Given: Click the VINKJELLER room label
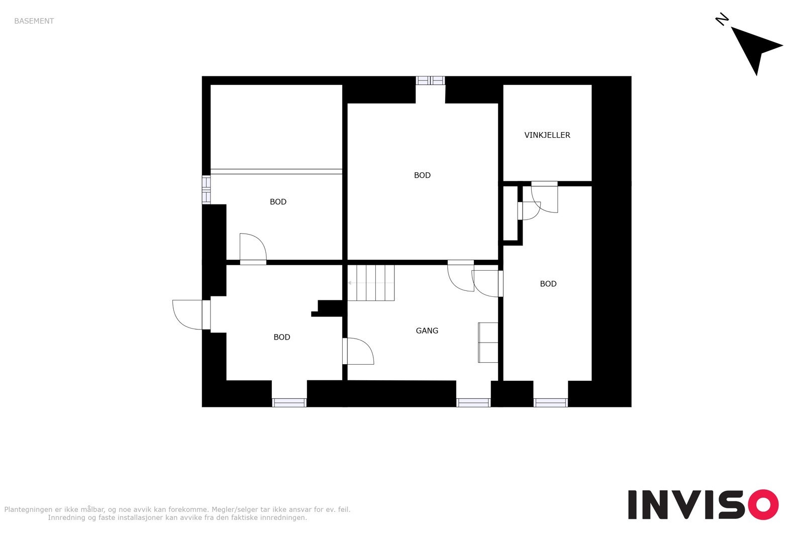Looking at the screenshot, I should point(547,135).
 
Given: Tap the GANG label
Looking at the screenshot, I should point(427,331).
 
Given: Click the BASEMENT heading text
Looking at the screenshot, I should point(34,21).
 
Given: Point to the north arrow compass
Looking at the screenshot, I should point(756,49).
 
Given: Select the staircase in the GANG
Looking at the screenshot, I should point(371,283).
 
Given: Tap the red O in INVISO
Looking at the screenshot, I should point(763,504).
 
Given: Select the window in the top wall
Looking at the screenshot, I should point(431,80).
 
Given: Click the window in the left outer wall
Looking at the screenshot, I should point(206,189).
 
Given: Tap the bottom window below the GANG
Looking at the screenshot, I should point(473,402).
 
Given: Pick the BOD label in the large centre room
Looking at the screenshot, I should point(422,175).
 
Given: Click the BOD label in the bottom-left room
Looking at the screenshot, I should point(282,337).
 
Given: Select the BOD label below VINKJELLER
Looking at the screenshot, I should point(548,284).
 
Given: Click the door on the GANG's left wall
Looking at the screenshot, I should point(358,351).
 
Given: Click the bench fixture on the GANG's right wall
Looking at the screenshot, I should point(488,342).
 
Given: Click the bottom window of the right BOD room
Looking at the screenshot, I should point(550,402).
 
